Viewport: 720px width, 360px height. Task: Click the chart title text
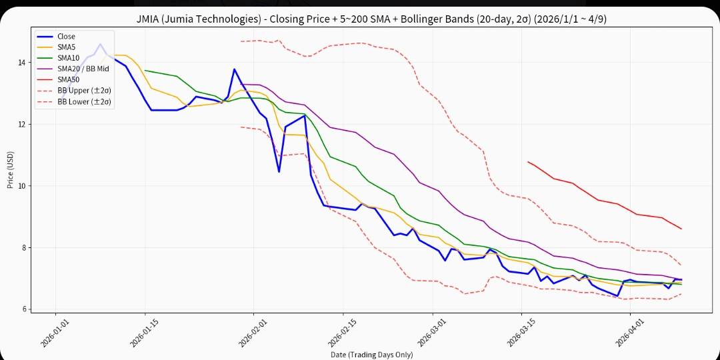coord(360,19)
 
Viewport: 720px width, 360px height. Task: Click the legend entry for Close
coord(66,37)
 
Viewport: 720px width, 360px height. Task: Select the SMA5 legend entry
coord(67,47)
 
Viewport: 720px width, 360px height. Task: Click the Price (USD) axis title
coord(11,169)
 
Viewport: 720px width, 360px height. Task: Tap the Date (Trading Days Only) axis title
coord(371,355)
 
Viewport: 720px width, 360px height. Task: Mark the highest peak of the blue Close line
coord(100,44)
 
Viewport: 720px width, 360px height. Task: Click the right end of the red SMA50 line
coord(681,229)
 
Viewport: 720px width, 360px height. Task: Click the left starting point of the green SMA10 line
coord(145,70)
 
